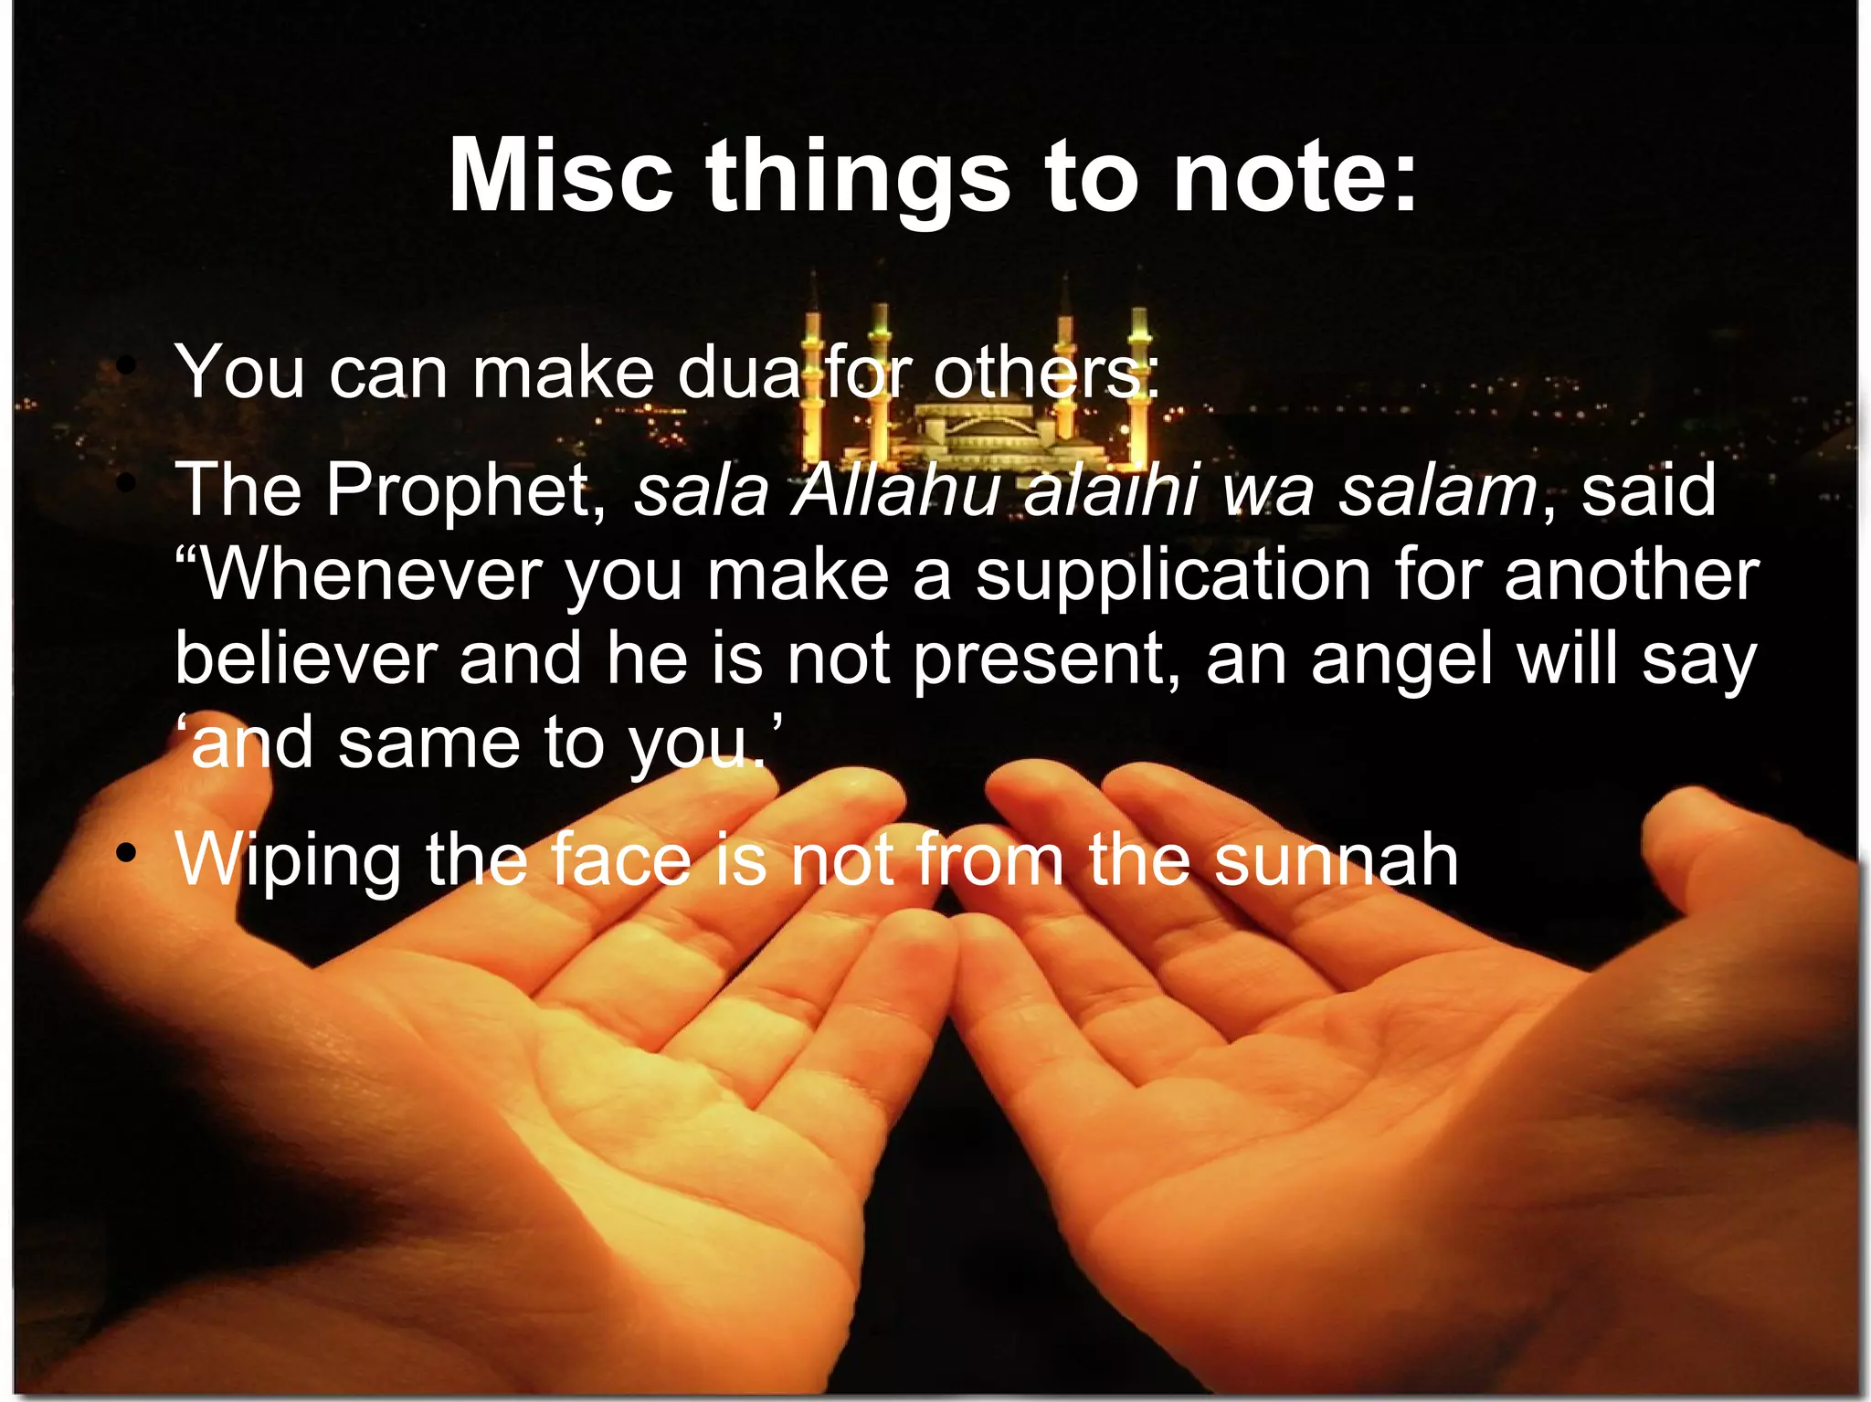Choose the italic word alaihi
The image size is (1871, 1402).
(1110, 491)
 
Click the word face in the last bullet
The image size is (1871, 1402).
(621, 859)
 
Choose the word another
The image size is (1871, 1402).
(1631, 575)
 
